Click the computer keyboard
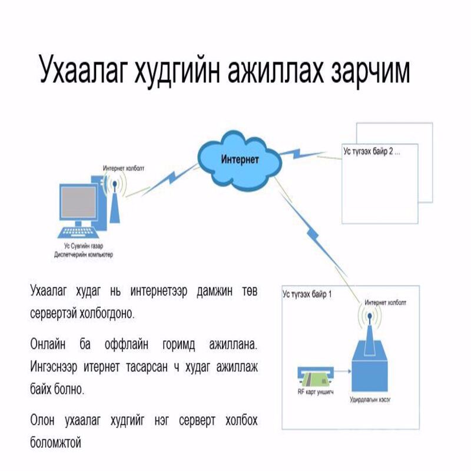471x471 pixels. [x=78, y=231]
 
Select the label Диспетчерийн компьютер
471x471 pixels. [x=79, y=255]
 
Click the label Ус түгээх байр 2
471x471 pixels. [x=372, y=151]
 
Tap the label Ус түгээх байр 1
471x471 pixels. [x=306, y=293]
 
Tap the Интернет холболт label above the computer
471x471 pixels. [x=124, y=168]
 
